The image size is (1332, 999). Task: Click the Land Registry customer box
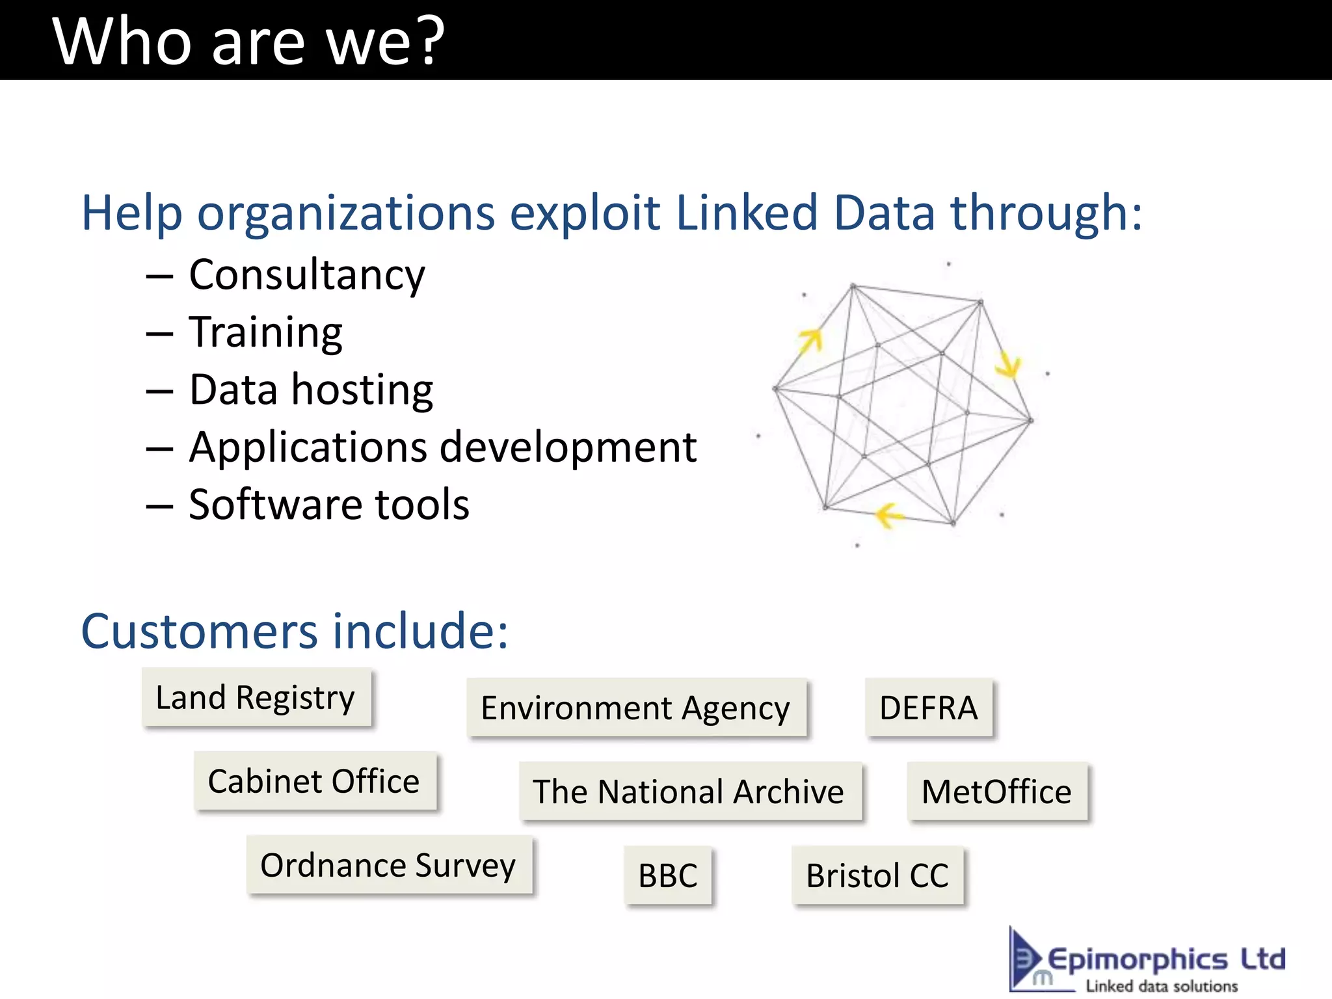click(x=256, y=697)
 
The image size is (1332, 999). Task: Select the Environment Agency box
click(x=636, y=708)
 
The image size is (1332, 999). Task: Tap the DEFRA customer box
click(x=929, y=708)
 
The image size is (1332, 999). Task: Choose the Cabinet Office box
click(x=315, y=781)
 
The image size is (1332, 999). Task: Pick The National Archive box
click(x=689, y=792)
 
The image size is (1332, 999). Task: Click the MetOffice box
click(x=997, y=792)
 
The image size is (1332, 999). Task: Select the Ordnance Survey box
click(x=389, y=865)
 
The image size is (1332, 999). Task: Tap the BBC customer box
click(x=668, y=875)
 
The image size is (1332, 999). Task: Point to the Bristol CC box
click(x=877, y=875)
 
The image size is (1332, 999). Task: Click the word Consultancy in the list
click(x=307, y=275)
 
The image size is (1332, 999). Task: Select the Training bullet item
click(x=265, y=332)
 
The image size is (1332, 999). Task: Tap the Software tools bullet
click(x=329, y=505)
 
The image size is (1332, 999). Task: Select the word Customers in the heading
click(x=199, y=631)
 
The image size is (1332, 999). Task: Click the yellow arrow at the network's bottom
click(x=888, y=516)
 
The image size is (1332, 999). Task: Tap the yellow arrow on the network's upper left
click(x=810, y=340)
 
